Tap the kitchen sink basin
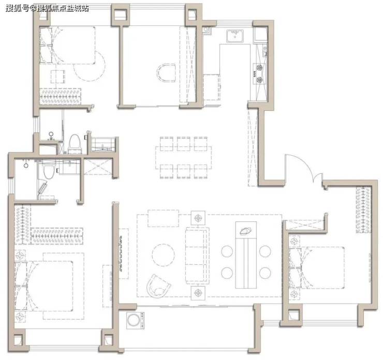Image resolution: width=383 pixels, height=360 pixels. pyautogui.click(x=235, y=36)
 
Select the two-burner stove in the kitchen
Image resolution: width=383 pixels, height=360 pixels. pyautogui.click(x=259, y=73)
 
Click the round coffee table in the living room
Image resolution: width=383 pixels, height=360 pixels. pyautogui.click(x=163, y=255)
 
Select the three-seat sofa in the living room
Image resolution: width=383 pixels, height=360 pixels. pyautogui.click(x=197, y=256)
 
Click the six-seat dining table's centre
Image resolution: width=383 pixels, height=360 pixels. pyautogui.click(x=183, y=158)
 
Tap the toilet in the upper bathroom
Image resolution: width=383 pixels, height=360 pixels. pyautogui.click(x=75, y=144)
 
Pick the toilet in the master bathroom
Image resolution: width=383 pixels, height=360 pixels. pyautogui.click(x=48, y=170)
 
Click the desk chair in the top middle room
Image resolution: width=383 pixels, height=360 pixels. pyautogui.click(x=166, y=73)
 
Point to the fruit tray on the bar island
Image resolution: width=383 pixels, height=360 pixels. pyautogui.click(x=246, y=231)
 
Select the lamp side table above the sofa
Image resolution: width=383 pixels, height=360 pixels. pyautogui.click(x=198, y=217)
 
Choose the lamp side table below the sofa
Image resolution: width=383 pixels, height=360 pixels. pyautogui.click(x=198, y=292)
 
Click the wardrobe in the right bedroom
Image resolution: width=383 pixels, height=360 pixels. pyautogui.click(x=363, y=209)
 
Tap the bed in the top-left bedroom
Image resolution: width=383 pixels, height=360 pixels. pyautogui.click(x=67, y=45)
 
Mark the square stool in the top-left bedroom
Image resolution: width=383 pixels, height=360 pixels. pyautogui.click(x=58, y=77)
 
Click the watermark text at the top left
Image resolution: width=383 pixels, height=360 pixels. pyautogui.click(x=47, y=8)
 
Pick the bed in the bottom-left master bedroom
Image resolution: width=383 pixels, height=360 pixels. pyautogui.click(x=44, y=286)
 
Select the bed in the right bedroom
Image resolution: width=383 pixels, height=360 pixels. pyautogui.click(x=317, y=268)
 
